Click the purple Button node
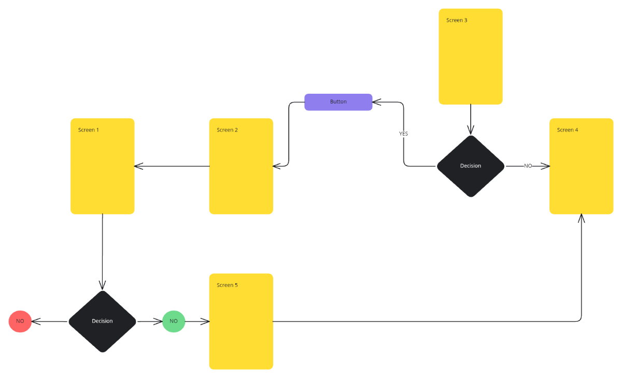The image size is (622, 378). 338,102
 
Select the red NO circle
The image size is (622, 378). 20,322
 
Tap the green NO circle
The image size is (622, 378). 174,322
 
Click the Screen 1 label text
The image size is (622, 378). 89,130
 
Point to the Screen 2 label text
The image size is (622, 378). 227,130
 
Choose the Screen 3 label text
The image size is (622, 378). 457,20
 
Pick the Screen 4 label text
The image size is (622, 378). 568,130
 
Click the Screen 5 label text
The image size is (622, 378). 227,285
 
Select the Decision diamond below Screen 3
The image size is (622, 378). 471,166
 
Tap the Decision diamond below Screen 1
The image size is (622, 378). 102,321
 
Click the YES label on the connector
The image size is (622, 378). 403,134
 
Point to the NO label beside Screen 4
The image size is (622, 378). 528,166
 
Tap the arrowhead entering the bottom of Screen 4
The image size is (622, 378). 582,218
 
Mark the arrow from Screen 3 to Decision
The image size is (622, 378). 471,119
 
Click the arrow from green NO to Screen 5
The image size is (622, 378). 197,322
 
